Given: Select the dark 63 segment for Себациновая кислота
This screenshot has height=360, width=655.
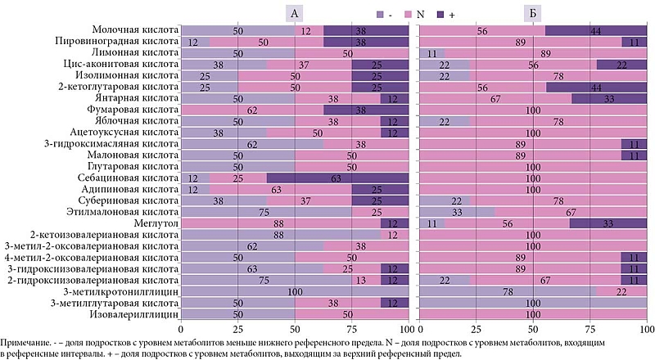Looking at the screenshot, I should [337, 178].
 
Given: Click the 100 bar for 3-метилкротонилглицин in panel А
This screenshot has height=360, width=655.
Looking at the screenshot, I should [295, 291].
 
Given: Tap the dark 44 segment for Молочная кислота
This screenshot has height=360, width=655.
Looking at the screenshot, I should [596, 30].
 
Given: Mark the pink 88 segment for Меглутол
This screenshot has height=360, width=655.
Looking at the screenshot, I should [280, 223].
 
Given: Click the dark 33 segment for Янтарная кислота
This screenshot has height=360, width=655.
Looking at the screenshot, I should [609, 98].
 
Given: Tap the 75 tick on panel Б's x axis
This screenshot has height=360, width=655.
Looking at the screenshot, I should [590, 329].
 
